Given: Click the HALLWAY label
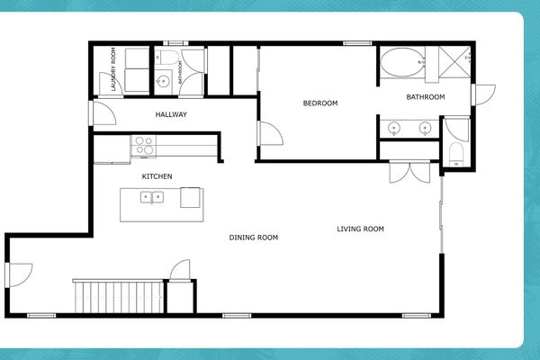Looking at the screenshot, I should tap(170, 114).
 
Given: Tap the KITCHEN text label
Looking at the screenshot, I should tap(157, 176).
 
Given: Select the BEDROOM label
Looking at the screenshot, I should tap(319, 103).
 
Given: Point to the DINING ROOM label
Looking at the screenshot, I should tap(253, 238).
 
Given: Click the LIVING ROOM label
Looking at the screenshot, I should tap(360, 229).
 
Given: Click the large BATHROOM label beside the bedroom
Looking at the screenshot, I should tap(425, 96).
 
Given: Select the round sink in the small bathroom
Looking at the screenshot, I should tap(163, 82).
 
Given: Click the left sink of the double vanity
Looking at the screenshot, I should tap(393, 129).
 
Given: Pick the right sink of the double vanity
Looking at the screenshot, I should tap(425, 129).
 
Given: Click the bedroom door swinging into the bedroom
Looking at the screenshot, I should tap(270, 135).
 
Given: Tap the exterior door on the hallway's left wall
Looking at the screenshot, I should tap(99, 114).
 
